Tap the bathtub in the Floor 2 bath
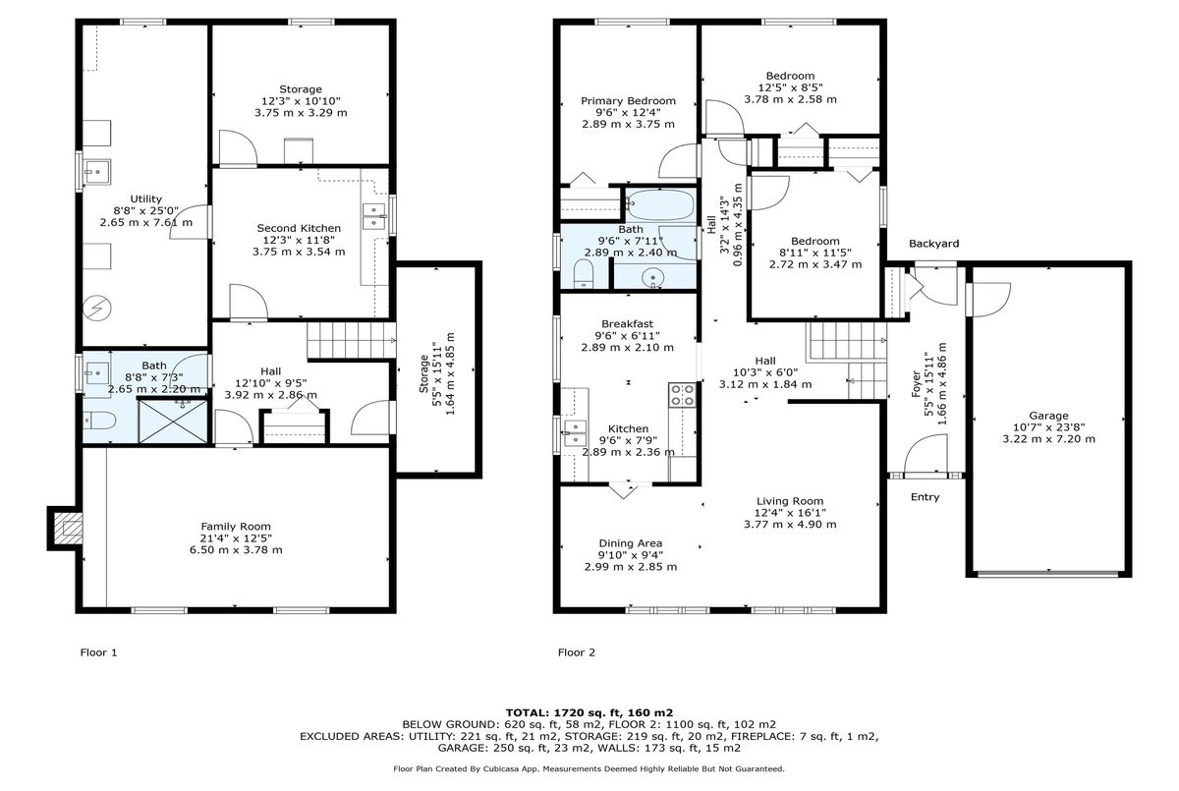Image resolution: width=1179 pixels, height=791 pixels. (661, 205)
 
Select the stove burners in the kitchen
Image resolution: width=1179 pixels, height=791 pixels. (682, 395)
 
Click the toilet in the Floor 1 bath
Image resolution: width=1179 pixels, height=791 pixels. (99, 421)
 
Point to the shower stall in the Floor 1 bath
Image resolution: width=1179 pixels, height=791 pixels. (173, 421)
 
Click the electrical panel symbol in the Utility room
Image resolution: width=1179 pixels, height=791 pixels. (98, 308)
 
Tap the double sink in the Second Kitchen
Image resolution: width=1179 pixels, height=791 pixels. (373, 216)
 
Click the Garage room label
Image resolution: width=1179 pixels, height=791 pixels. (1048, 416)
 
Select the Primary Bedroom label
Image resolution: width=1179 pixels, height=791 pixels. (628, 101)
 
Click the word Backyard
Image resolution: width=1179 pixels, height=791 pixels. (933, 244)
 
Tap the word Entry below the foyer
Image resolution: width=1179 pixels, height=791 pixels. (925, 497)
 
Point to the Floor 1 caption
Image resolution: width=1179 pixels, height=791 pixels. (98, 652)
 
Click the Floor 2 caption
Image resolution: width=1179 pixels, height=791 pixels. (577, 652)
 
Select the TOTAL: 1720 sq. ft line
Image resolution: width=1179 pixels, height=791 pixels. (589, 713)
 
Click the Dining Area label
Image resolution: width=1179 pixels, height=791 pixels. (630, 543)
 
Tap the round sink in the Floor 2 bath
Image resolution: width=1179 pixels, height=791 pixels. (653, 277)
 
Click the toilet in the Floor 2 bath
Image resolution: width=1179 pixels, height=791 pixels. (584, 274)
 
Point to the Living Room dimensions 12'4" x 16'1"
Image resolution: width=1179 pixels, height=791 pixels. (790, 513)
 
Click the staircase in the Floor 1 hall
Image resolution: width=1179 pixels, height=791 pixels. (351, 340)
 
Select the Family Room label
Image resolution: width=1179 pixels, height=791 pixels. (236, 527)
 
